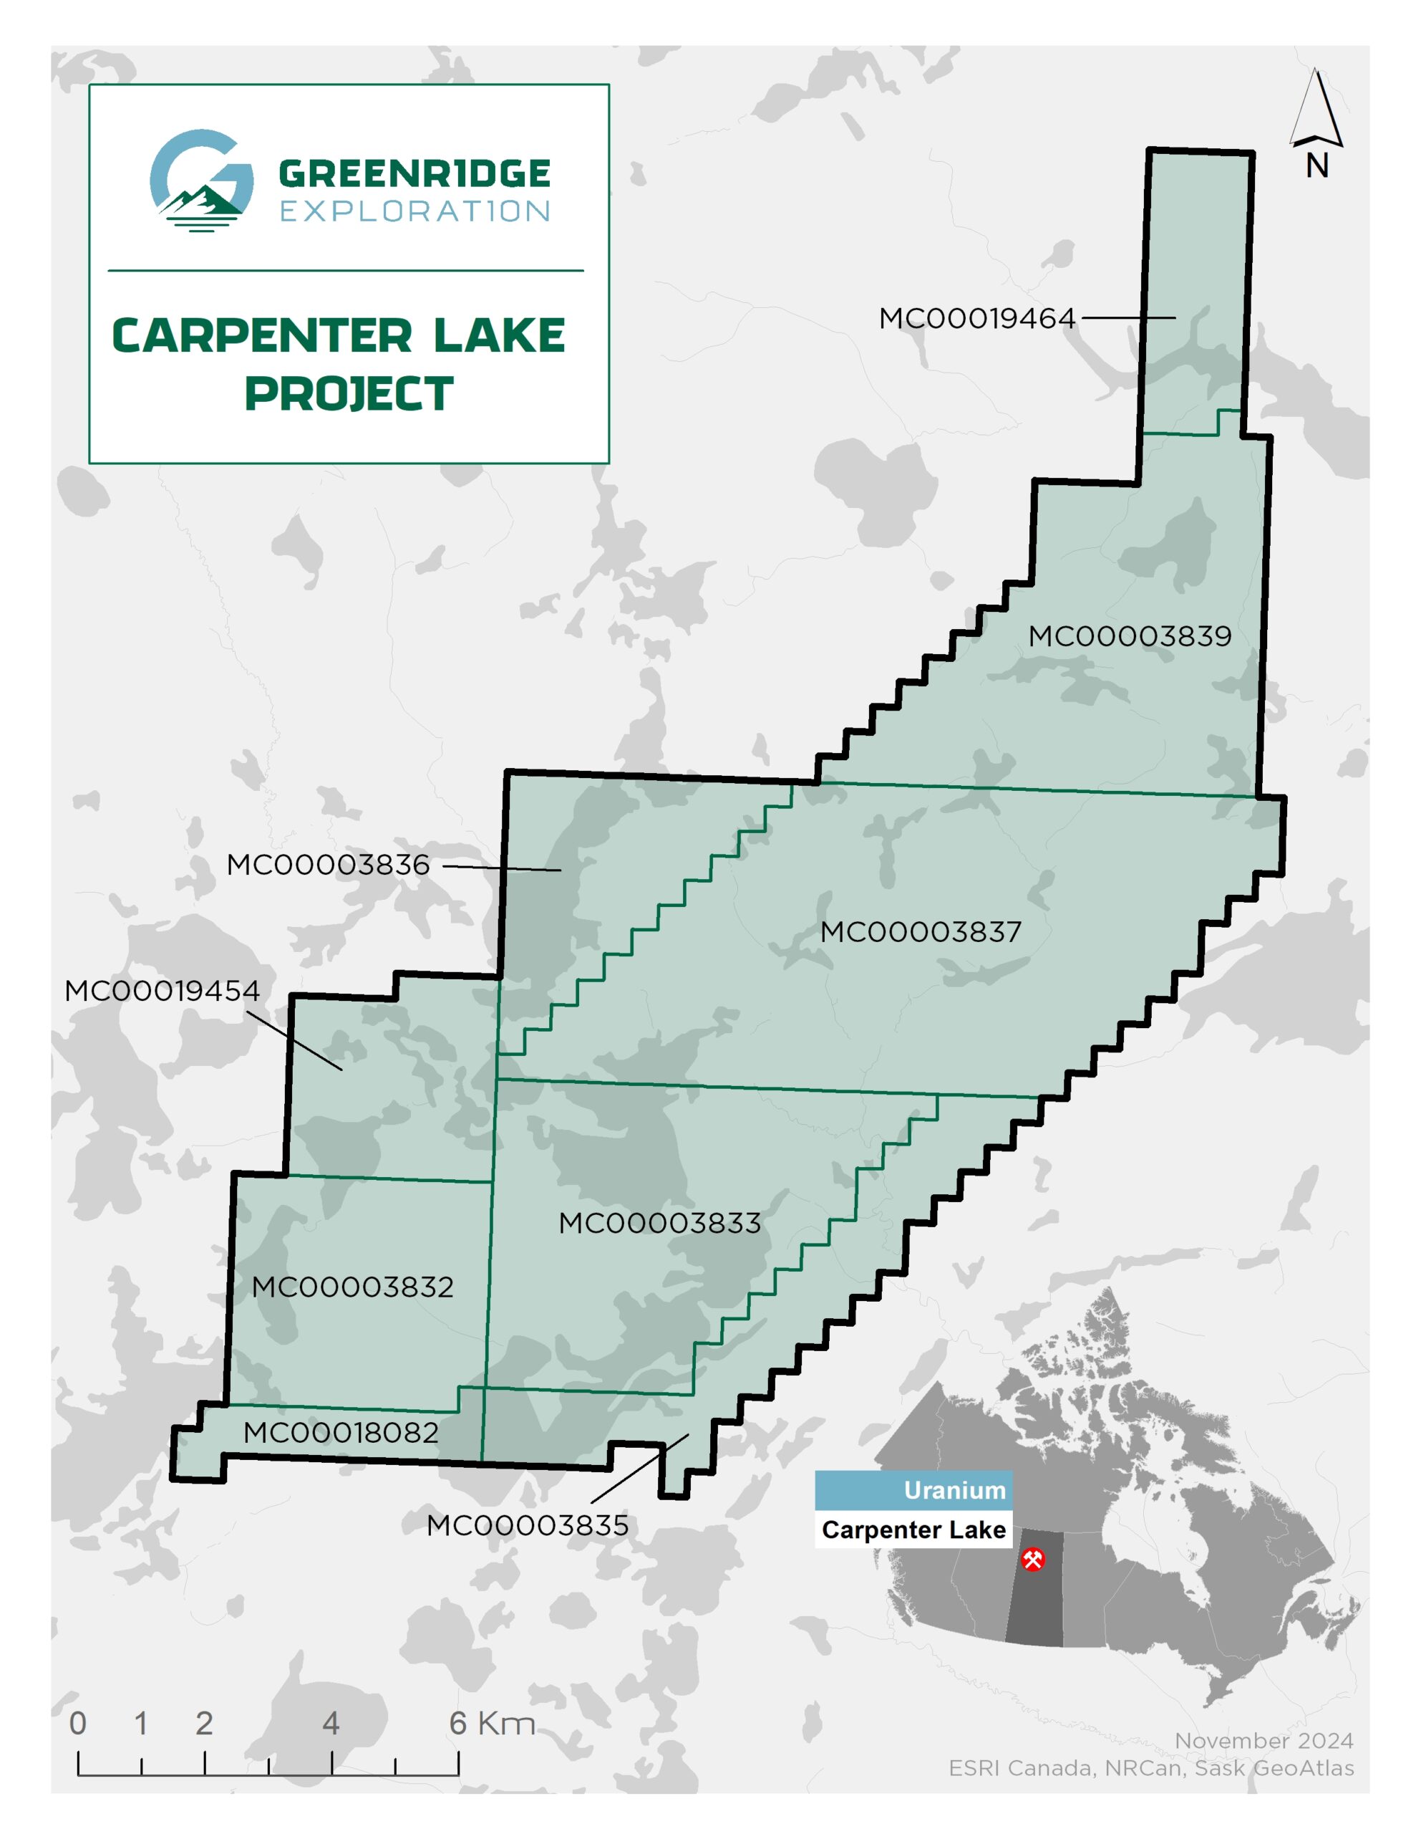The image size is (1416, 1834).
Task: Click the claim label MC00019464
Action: (x=976, y=318)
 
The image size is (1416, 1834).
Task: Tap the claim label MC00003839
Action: (x=1130, y=635)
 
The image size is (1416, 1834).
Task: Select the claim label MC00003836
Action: (x=328, y=864)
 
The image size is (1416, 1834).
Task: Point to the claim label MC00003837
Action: (x=921, y=931)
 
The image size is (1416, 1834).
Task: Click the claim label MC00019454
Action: (x=162, y=990)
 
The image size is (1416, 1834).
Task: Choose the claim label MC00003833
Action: (x=660, y=1223)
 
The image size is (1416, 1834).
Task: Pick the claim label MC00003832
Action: (x=352, y=1287)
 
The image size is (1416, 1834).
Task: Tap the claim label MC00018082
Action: (x=341, y=1433)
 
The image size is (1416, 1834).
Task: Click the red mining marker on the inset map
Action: (x=1033, y=1560)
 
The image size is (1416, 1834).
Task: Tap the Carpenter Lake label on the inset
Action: (x=914, y=1530)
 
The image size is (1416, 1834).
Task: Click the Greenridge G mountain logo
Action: (x=201, y=180)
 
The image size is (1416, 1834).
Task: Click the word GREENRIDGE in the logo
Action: (x=414, y=174)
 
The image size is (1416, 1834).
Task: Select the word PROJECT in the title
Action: (x=349, y=394)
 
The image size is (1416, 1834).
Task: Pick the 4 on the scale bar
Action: (x=331, y=1723)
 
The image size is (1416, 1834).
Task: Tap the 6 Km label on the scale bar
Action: (x=492, y=1723)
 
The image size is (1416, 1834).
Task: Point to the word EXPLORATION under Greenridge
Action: (x=414, y=211)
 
